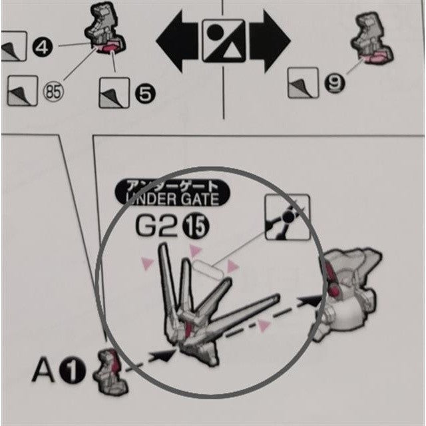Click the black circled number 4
pos(43,48)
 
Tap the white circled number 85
pos(53,92)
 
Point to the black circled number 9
pos(334,83)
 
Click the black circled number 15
pos(196,226)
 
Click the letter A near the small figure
pos(43,370)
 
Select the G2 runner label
pos(156,226)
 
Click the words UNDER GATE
pos(173,199)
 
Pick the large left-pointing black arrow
pos(177,41)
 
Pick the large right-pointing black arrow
pos(270,41)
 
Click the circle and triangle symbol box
pos(224,41)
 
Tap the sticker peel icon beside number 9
pos(303,83)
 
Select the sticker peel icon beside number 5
pos(114,93)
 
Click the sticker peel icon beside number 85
pos(22,91)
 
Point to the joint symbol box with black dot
pos(288,217)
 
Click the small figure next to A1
pos(110,371)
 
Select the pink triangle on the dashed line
pos(264,325)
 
